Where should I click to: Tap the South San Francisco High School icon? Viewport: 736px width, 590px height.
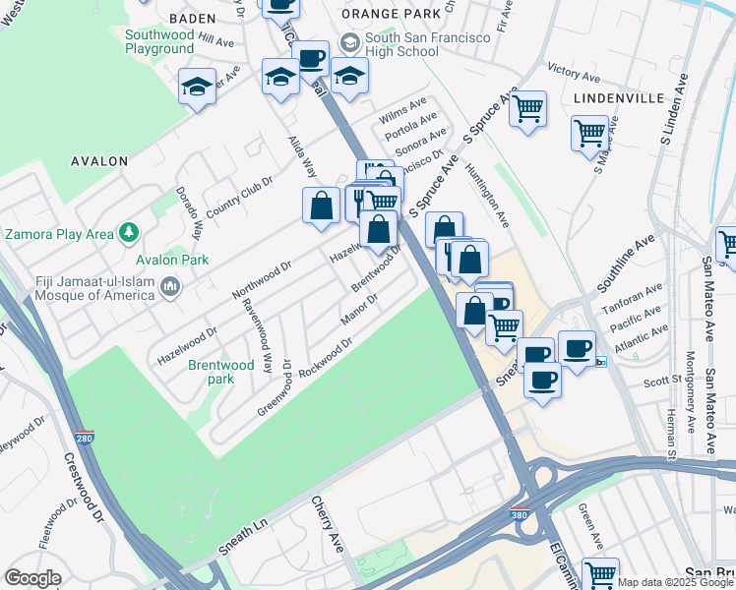coord(349,43)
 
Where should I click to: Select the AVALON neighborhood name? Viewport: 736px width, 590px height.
coord(99,160)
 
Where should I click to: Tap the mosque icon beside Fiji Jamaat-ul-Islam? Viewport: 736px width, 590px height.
coord(170,287)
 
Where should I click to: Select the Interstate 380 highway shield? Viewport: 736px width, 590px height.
coord(519,514)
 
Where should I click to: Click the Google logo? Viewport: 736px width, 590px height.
coord(33,578)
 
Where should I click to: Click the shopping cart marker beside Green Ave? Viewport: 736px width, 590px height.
coord(600,573)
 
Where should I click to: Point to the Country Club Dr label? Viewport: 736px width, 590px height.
coord(237,194)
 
